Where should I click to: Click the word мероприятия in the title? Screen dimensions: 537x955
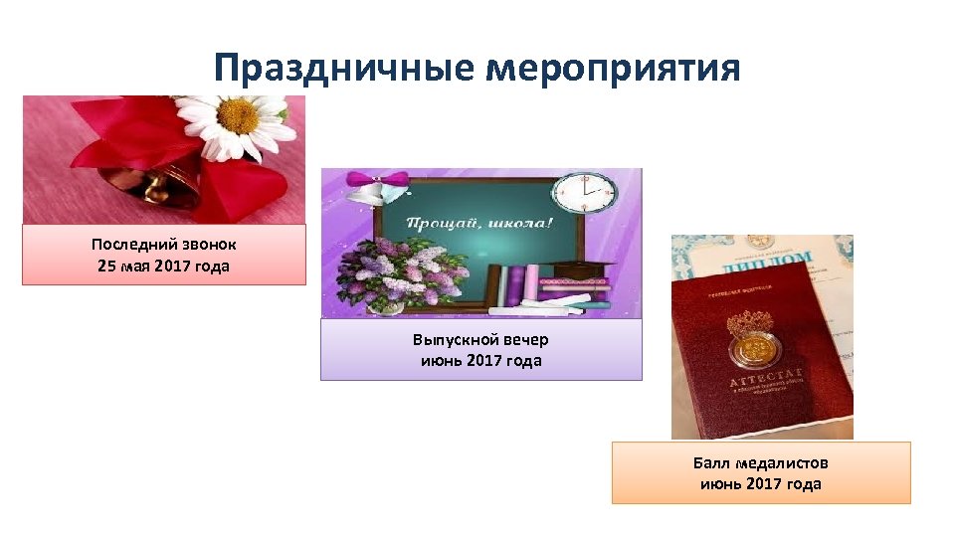(x=613, y=69)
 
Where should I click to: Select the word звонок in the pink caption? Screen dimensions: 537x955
(x=205, y=244)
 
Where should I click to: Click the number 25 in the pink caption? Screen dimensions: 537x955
(x=108, y=266)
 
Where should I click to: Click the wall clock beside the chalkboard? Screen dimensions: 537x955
(x=584, y=195)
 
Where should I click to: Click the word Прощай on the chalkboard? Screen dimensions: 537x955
(x=439, y=223)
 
